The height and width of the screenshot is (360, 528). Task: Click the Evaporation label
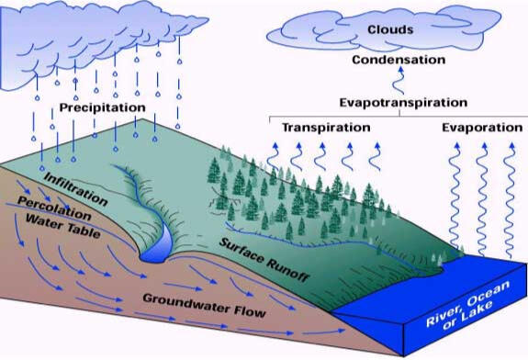coord(481,128)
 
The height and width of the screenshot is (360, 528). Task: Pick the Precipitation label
coord(103,107)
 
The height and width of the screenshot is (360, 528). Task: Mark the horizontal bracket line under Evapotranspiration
coord(395,116)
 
